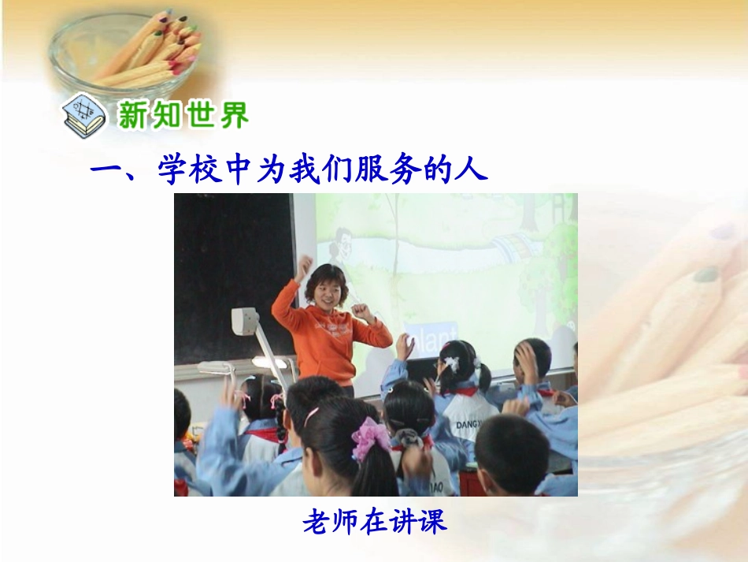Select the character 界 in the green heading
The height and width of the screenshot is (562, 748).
[234, 115]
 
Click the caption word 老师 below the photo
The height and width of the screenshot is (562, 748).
[326, 522]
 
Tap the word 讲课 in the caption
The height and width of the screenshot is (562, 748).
[422, 522]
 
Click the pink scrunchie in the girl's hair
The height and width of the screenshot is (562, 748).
[371, 438]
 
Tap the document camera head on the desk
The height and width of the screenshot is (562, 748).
[244, 321]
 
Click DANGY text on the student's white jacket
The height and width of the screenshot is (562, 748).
[468, 425]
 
